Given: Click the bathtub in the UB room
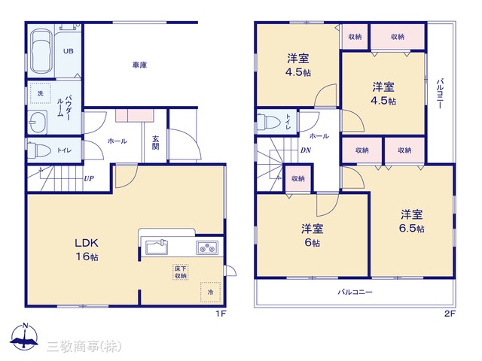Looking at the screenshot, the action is [41, 51].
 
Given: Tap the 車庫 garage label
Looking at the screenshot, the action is [139, 65].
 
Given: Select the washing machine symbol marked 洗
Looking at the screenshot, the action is [40, 93].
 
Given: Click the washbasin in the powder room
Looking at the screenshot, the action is [38, 122].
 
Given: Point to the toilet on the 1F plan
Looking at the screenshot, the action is [39, 150].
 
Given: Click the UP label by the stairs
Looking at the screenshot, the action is [89, 178].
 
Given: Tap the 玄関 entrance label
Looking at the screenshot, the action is [156, 142].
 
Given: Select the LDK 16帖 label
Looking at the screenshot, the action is [87, 250].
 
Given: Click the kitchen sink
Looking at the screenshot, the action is [157, 247].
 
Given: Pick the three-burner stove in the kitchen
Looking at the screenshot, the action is [207, 247].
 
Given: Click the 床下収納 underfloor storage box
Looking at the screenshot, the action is [181, 272].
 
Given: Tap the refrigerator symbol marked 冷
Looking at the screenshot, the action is [211, 292].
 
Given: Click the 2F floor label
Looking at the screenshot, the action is [450, 314].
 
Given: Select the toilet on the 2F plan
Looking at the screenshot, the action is [268, 122].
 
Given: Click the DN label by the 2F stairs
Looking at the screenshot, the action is [306, 150].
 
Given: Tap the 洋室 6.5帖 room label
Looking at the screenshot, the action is [412, 221].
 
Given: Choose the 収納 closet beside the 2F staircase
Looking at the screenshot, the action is [298, 179].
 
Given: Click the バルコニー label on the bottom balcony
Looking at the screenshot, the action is [355, 292].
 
